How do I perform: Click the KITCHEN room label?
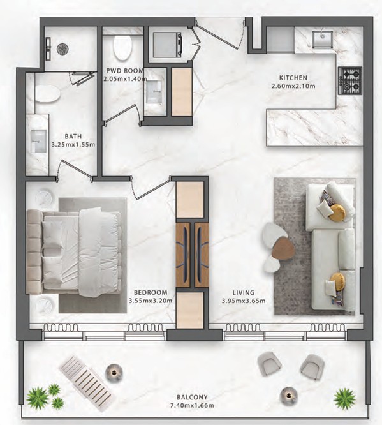pos(293,78)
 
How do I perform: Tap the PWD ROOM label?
pos(125,71)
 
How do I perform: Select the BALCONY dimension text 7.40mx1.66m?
pos(192,405)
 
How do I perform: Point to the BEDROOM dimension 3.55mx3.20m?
pos(151,301)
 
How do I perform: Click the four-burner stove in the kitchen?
pos(350,80)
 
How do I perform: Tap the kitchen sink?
pos(323,40)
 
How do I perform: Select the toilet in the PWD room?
pos(122,47)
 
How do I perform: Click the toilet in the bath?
pos(47,94)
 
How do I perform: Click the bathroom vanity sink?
pos(38,141)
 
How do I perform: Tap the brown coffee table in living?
pos(283,248)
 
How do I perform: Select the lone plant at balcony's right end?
pos(344,399)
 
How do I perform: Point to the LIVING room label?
pos(244,292)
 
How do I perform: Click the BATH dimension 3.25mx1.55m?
pos(73,144)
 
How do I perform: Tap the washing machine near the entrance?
pos(167,45)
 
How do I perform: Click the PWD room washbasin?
pos(153,92)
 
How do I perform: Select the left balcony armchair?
pos(269,364)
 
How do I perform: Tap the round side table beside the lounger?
pos(114,373)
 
